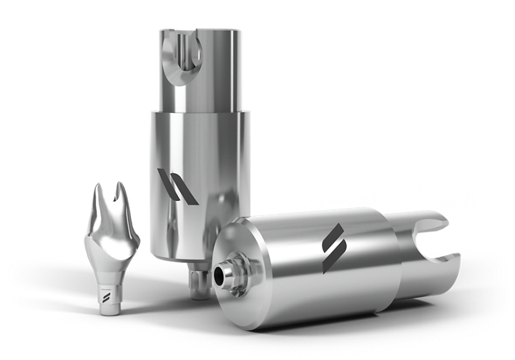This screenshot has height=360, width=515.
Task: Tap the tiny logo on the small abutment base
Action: tap(109, 296)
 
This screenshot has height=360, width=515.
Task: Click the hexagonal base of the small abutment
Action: tap(108, 301)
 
